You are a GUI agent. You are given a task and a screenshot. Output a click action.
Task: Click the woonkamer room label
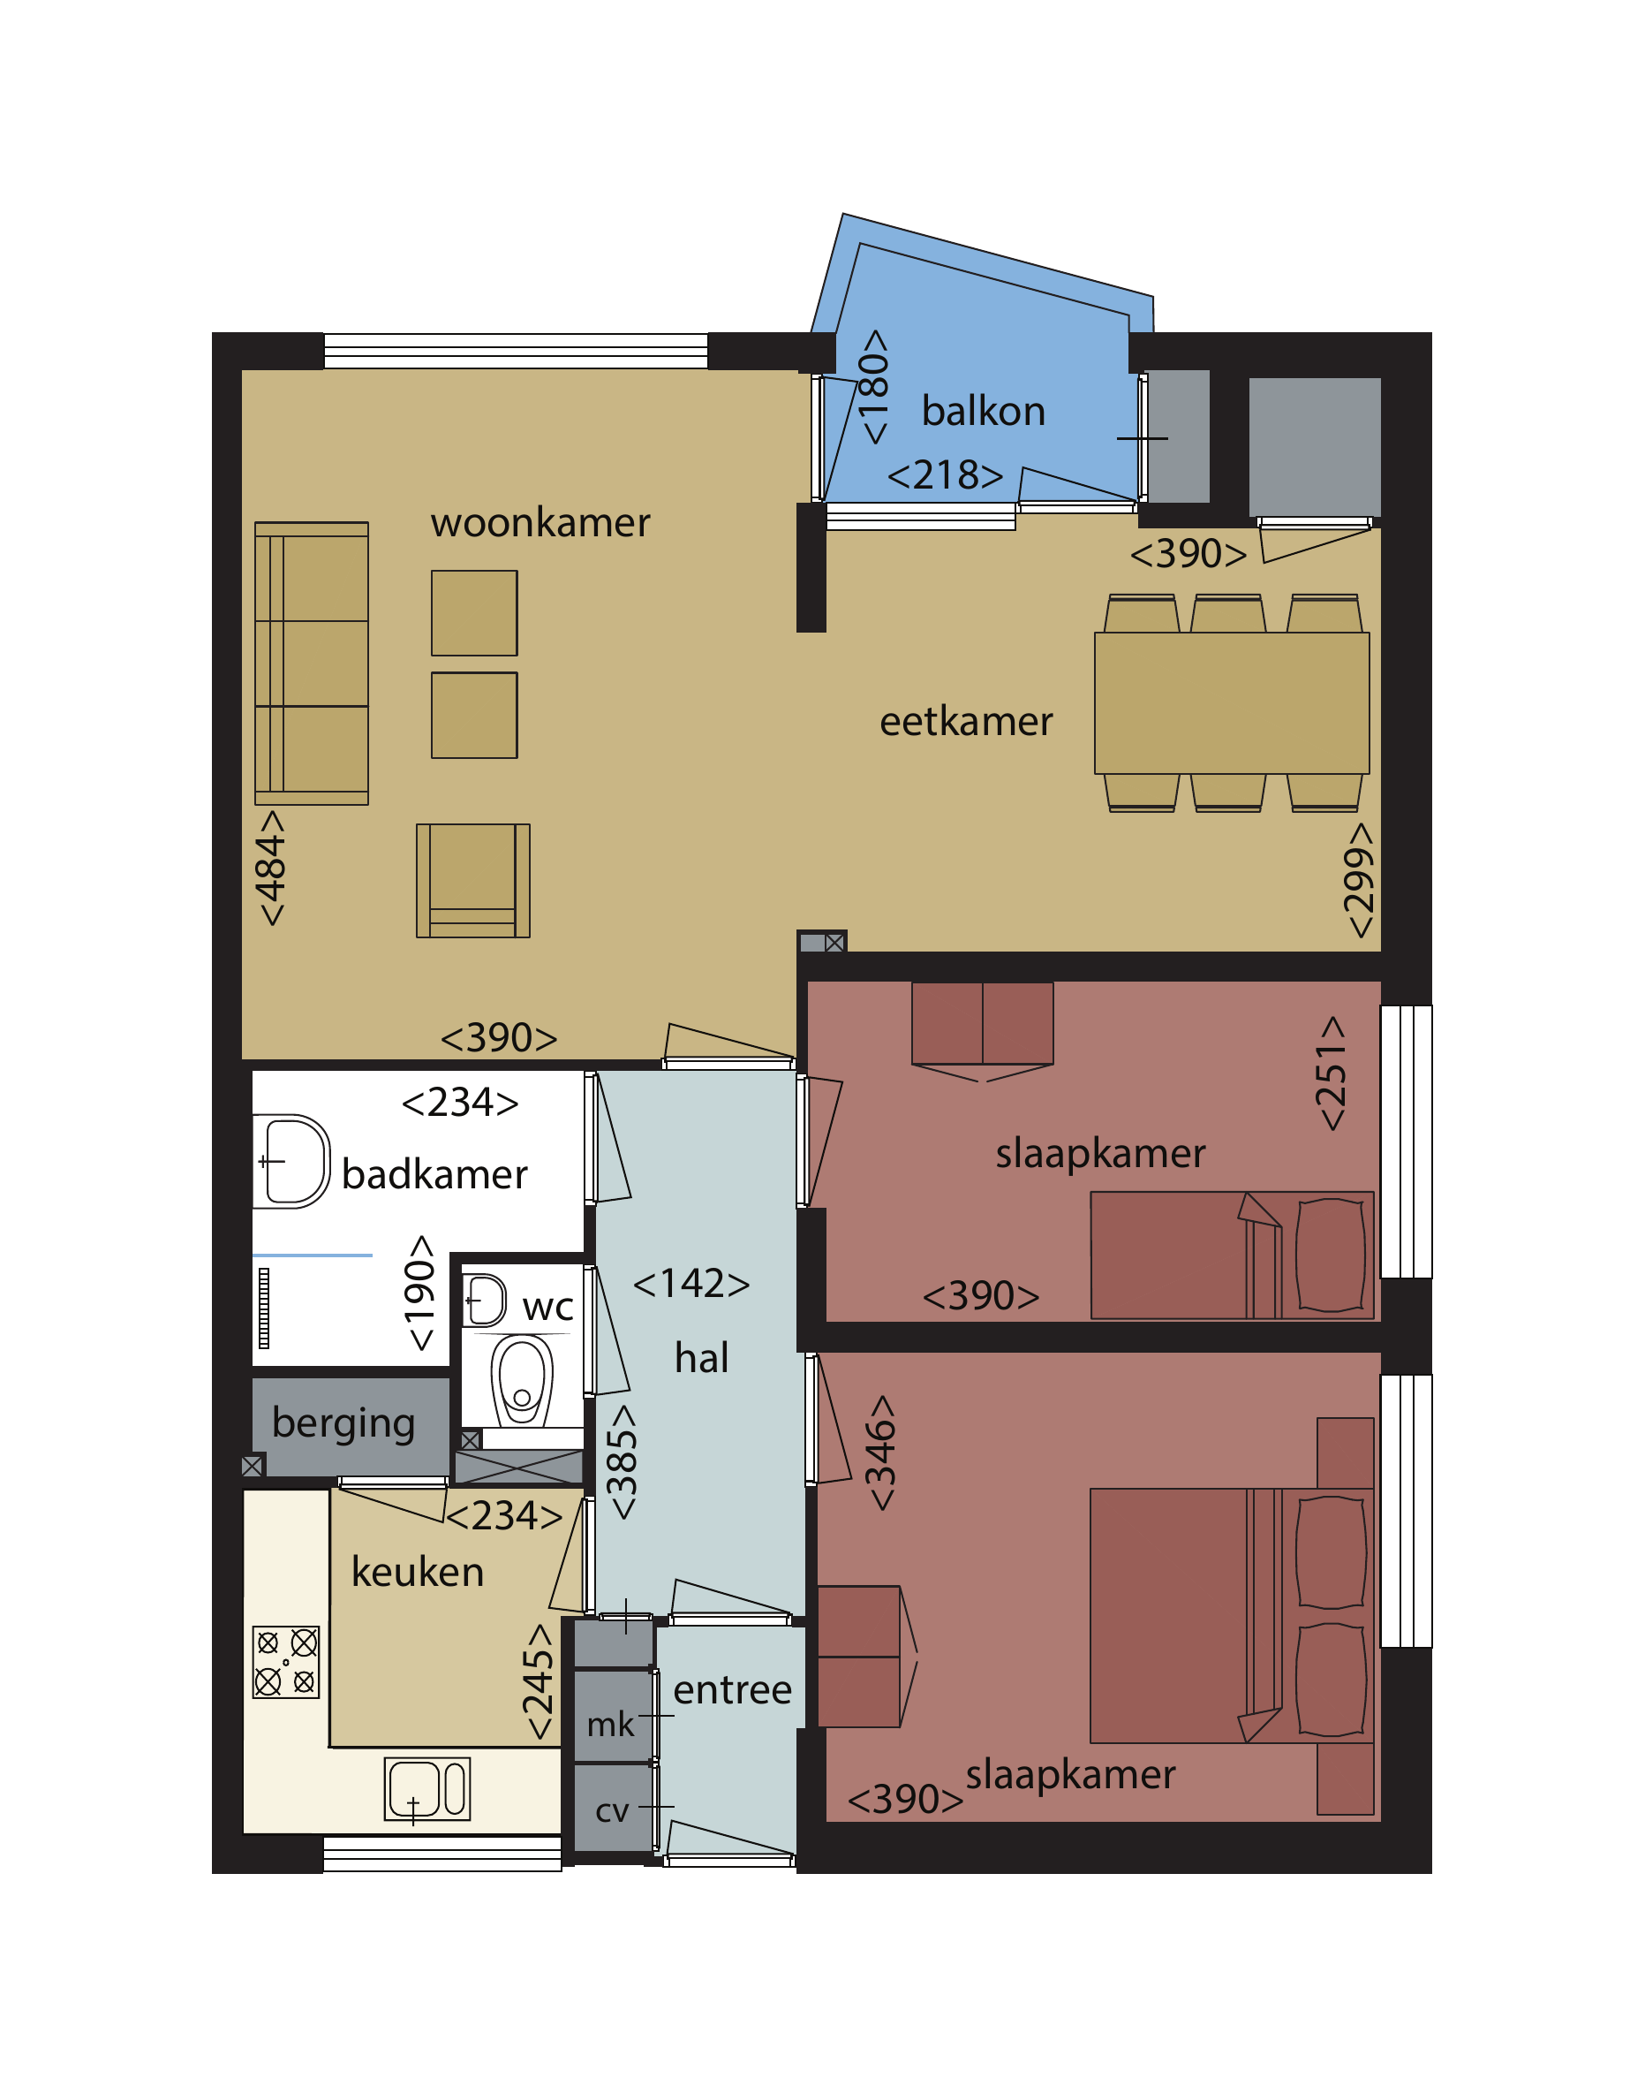click(x=540, y=523)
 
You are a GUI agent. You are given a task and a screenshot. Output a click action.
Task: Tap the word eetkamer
click(x=966, y=722)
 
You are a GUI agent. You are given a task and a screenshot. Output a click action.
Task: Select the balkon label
click(x=984, y=412)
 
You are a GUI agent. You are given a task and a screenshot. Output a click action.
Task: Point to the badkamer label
click(x=434, y=1174)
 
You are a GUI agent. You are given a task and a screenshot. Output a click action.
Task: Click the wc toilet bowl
click(x=522, y=1380)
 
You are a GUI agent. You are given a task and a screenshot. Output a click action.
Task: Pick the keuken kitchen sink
click(x=426, y=1789)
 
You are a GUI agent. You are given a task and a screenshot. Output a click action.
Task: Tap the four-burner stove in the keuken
click(x=286, y=1662)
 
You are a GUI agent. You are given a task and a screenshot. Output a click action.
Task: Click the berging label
click(x=343, y=1423)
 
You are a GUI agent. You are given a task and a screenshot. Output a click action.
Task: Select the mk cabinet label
click(x=611, y=1724)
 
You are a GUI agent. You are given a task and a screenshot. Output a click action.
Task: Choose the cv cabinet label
click(x=613, y=1811)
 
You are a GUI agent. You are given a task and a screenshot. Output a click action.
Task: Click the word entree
click(x=732, y=1690)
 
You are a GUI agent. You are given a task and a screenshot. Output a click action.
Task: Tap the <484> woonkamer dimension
click(x=271, y=869)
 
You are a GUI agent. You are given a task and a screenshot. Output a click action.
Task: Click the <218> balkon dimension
click(x=945, y=475)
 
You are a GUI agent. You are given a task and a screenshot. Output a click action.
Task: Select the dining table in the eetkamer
click(x=1232, y=703)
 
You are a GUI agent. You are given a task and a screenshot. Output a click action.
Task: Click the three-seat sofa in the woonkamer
click(x=311, y=663)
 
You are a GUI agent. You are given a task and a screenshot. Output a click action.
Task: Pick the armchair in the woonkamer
click(x=473, y=881)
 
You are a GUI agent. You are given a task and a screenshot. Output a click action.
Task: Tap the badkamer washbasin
click(x=291, y=1161)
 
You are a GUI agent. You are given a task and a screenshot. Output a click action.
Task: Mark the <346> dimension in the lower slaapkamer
click(x=879, y=1453)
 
